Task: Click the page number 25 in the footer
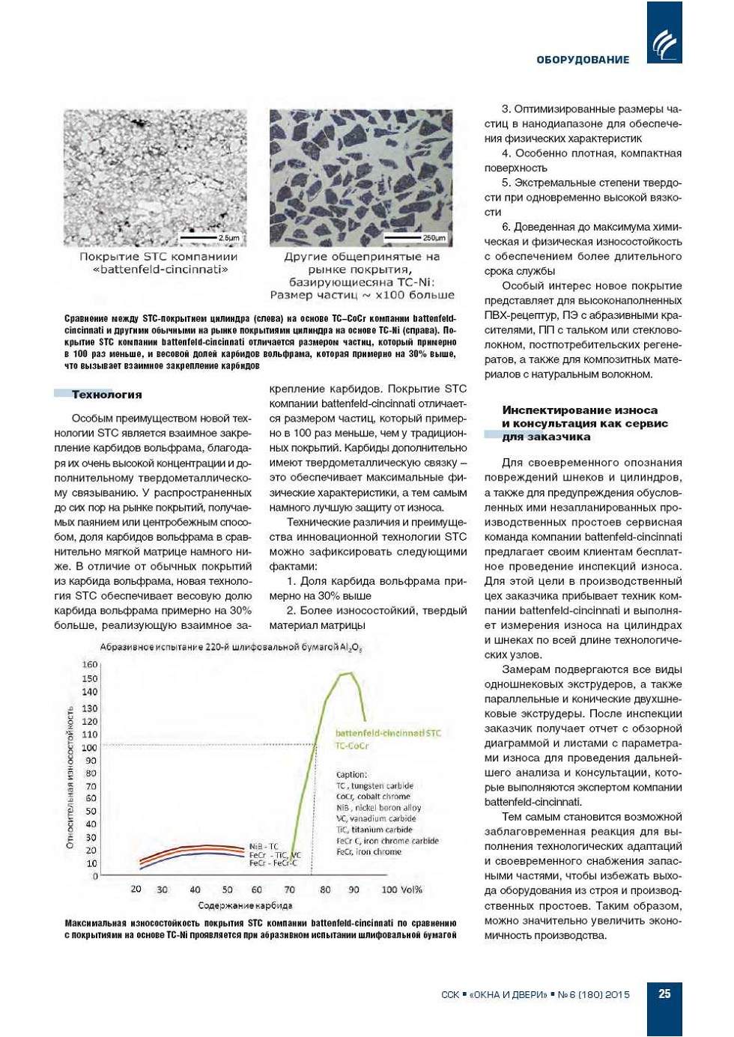[x=664, y=994]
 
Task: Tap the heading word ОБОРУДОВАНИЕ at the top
[x=583, y=60]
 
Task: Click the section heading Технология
[x=106, y=395]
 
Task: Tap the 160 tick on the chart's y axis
[x=90, y=664]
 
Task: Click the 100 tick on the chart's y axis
[x=90, y=747]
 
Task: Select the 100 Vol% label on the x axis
[x=401, y=889]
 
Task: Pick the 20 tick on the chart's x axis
[x=136, y=889]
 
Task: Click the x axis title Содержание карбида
[x=245, y=905]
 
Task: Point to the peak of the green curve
[x=347, y=673]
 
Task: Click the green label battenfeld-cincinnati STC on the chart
[x=388, y=733]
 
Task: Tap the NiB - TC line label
[x=264, y=847]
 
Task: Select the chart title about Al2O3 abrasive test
[x=231, y=647]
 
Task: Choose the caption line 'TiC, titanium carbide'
[x=374, y=830]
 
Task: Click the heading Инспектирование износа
[x=580, y=410]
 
